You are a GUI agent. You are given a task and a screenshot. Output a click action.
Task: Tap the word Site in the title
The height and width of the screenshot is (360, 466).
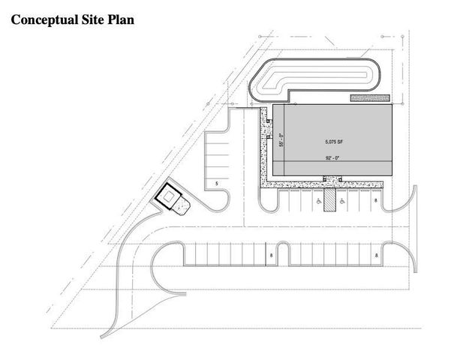point(91,19)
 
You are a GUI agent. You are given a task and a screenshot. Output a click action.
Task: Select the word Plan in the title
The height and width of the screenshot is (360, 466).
point(120,19)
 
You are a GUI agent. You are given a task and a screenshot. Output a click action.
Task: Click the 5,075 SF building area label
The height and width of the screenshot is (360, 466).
point(334,142)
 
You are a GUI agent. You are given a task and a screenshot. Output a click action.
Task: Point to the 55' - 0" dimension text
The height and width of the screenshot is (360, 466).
point(281,139)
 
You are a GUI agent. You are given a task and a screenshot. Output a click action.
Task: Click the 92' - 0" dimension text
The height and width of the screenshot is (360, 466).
point(332,158)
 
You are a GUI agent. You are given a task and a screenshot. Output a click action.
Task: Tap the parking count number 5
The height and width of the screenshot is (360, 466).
point(217,184)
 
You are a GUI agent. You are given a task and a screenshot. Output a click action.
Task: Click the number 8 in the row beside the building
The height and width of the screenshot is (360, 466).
point(376,201)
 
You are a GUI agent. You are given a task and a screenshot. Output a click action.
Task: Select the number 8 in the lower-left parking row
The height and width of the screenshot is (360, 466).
point(272,255)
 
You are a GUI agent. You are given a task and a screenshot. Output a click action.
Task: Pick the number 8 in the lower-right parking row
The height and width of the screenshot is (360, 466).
point(377,255)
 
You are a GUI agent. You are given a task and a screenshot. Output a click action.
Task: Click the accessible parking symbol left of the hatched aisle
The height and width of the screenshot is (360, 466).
point(319,202)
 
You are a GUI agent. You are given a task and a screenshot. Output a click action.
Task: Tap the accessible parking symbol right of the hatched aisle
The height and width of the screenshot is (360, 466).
point(342,202)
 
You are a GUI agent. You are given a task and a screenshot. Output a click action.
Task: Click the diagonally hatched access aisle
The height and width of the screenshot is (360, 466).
point(329,200)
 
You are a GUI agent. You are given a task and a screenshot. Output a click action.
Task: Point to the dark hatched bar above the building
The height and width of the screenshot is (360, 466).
point(370,97)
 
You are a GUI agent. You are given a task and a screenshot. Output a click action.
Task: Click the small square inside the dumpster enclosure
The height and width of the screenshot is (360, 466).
point(168,196)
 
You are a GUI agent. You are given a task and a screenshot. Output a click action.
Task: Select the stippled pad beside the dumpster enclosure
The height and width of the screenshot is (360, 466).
point(181,205)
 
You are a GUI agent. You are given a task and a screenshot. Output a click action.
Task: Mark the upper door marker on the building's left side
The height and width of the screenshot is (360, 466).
point(269,121)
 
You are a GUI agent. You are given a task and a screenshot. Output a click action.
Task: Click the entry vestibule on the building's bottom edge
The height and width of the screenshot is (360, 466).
point(332,178)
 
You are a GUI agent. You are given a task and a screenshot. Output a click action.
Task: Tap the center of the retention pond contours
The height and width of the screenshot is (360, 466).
point(315,79)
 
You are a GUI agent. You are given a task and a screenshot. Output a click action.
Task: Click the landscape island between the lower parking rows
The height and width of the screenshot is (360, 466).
point(283,253)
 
